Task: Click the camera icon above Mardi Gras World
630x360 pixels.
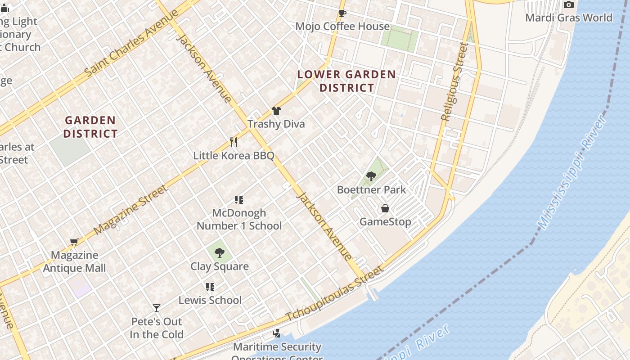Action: (x=569, y=5)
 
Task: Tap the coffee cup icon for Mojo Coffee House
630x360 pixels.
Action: (x=342, y=13)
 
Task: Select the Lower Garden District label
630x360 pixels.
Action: (x=346, y=81)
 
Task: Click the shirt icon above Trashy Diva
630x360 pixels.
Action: (x=276, y=111)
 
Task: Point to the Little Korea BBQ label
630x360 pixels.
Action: (x=234, y=156)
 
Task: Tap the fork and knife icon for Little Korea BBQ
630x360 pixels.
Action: (x=233, y=142)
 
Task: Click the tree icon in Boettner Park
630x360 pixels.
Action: (x=371, y=176)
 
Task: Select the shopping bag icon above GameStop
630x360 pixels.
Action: (x=385, y=208)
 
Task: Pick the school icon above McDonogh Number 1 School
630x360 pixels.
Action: (x=239, y=200)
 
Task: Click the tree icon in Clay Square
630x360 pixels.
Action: (x=220, y=253)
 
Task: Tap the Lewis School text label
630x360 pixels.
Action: (x=210, y=300)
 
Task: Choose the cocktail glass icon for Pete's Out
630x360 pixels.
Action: (x=157, y=308)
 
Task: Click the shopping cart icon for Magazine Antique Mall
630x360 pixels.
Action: (x=74, y=242)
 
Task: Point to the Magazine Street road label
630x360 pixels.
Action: (x=131, y=209)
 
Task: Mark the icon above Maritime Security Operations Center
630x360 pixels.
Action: (x=277, y=333)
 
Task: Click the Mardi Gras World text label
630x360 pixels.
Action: (x=569, y=18)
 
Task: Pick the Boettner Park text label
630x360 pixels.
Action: (x=372, y=190)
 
